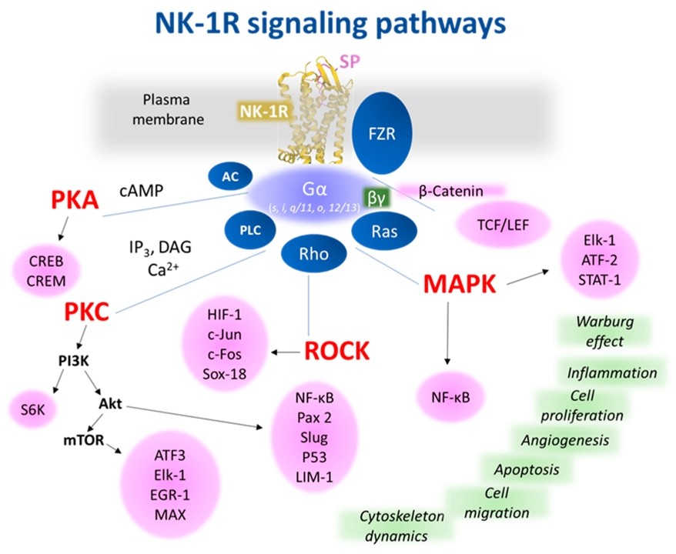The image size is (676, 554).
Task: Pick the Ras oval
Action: pos(383,229)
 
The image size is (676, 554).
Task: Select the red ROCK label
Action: pos(337,350)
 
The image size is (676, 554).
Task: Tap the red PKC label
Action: pos(87,312)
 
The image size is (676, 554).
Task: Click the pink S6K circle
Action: pos(32,410)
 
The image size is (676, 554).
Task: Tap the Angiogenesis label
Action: pos(565,440)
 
